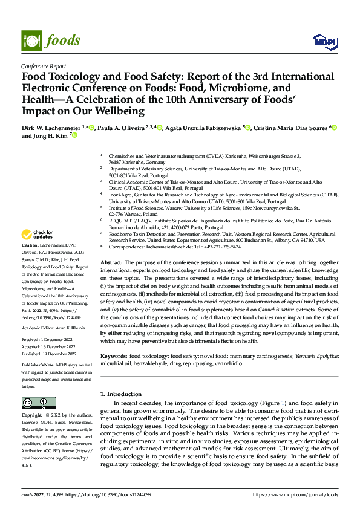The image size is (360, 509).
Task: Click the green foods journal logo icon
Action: pyautogui.click(x=31, y=41)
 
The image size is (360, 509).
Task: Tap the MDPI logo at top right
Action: pyautogui.click(x=324, y=41)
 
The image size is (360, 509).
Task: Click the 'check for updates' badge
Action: pyautogui.click(x=37, y=235)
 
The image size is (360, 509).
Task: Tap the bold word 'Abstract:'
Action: pyautogui.click(x=111, y=262)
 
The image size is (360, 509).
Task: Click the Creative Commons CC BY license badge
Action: pyautogui.click(x=39, y=403)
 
